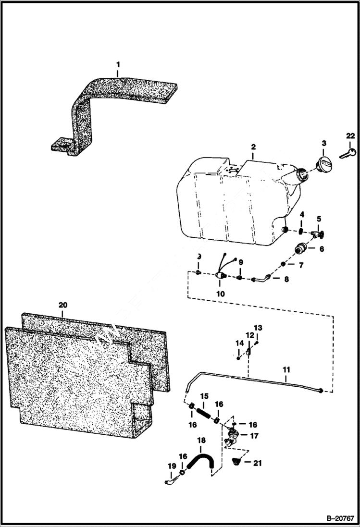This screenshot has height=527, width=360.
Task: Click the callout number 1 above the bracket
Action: pos(118,64)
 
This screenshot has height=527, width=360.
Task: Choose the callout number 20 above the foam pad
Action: pos(63,305)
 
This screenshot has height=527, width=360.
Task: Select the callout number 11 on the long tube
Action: pos(286,369)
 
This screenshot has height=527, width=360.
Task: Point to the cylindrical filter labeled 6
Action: pos(301,250)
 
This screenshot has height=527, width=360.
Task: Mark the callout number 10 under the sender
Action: pos(222,294)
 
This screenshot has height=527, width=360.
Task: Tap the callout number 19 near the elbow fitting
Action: pos(172,466)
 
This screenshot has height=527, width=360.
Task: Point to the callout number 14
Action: pos(240,343)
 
